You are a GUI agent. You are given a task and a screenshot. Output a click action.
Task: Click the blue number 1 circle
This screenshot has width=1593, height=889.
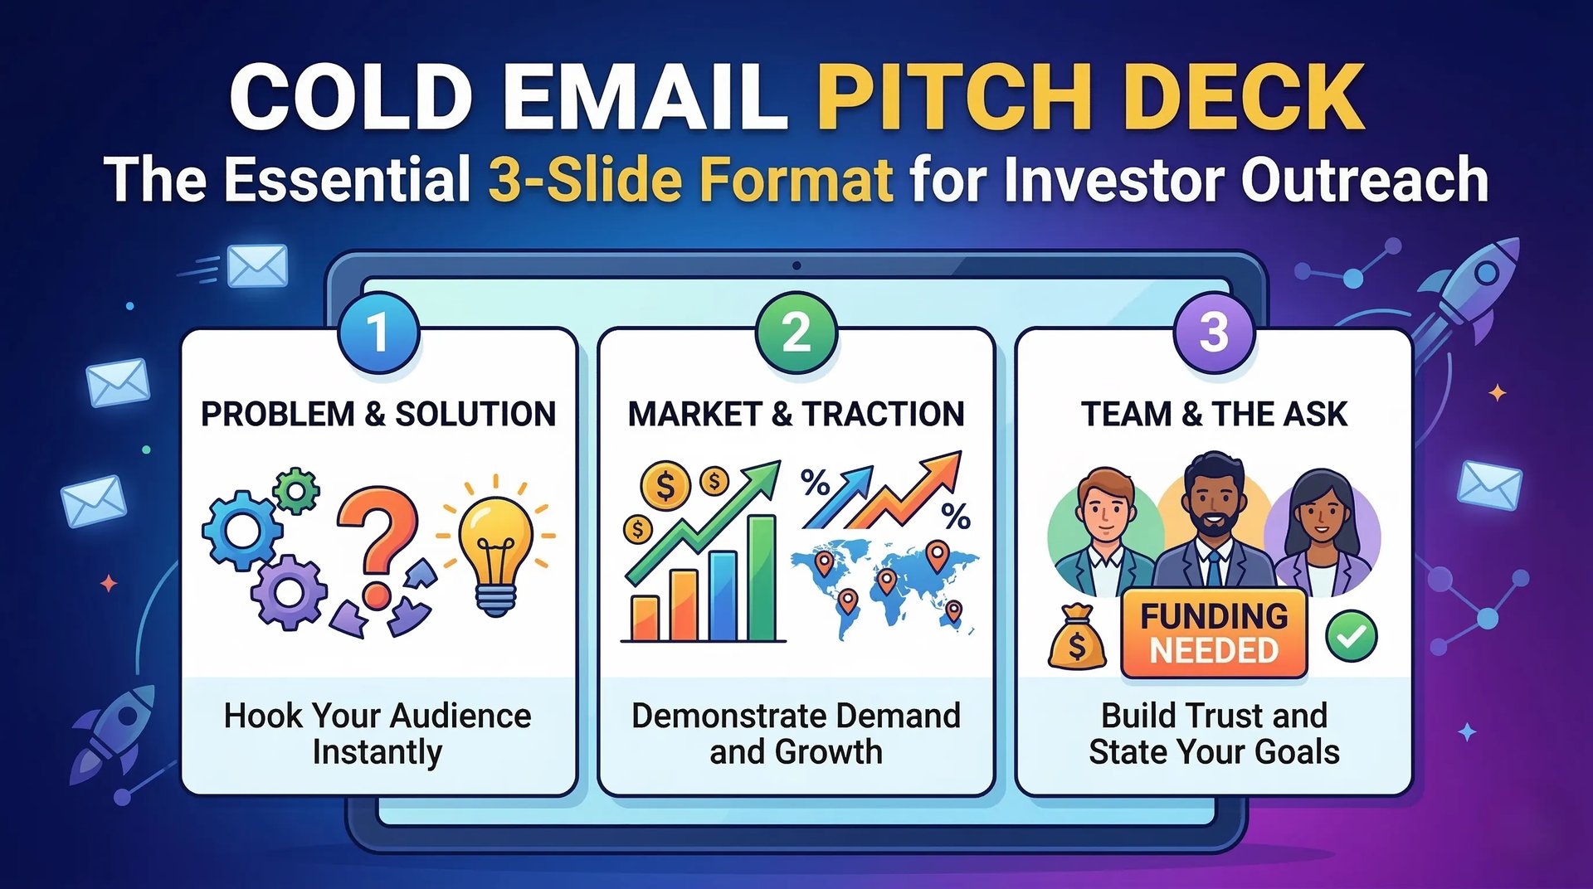(x=378, y=333)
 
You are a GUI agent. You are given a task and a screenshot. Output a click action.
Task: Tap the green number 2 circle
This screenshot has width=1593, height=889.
(x=796, y=333)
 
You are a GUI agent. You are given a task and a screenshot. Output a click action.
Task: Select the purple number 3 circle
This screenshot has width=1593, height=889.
(x=1214, y=333)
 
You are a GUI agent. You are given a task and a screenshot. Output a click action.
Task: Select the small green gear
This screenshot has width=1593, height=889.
(x=295, y=490)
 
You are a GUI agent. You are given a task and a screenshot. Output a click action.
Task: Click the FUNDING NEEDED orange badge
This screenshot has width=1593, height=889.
(x=1214, y=634)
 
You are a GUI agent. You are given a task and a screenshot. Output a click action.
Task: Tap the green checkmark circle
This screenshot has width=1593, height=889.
(x=1351, y=636)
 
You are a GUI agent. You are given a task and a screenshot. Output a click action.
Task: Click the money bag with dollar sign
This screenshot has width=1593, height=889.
(x=1076, y=639)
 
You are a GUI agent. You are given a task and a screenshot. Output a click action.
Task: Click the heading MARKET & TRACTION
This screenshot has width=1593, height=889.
(x=796, y=414)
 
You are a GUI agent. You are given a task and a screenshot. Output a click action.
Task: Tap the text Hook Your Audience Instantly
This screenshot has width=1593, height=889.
(x=378, y=733)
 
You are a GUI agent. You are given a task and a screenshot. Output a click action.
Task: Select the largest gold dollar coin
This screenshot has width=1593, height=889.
(x=665, y=486)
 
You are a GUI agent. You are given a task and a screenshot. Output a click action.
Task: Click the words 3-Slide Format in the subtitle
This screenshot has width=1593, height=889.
(x=690, y=180)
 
